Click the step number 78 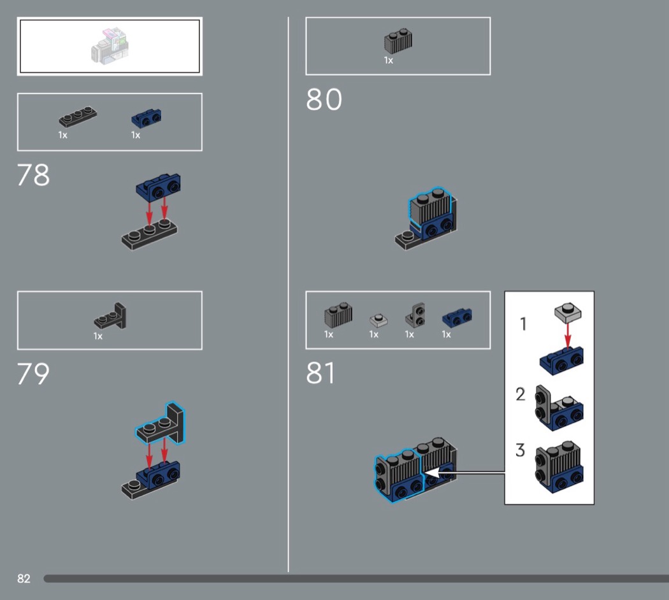pos(33,175)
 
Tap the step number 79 pos(33,373)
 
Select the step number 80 pos(324,99)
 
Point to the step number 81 pos(320,373)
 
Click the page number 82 pos(24,579)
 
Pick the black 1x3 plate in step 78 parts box pos(78,116)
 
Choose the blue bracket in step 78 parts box pos(147,118)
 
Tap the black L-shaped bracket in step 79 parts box pos(110,317)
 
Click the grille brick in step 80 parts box pos(398,41)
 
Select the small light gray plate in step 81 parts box pos(378,320)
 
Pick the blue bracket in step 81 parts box pos(457,318)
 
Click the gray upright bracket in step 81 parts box pos(415,315)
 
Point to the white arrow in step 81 pos(465,473)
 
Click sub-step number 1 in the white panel pos(523,324)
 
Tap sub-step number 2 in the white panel pos(521,394)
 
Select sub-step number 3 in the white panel pos(520,450)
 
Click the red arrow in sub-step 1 pos(568,335)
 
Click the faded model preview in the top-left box pos(110,46)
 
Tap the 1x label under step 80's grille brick pos(388,61)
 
